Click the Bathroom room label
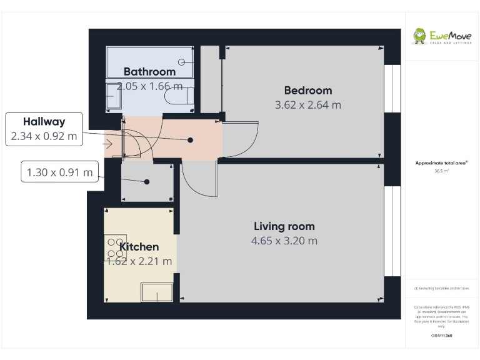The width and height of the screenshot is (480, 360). click(149, 72)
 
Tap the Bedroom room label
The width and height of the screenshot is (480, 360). click(307, 91)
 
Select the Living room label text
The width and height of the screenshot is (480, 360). click(284, 226)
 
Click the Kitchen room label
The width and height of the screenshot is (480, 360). click(139, 247)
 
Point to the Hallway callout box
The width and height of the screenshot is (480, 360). click(44, 129)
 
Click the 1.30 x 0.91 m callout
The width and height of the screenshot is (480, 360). click(59, 171)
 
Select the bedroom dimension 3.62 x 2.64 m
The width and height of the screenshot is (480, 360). click(308, 105)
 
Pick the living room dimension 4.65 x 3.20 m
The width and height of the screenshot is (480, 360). click(284, 241)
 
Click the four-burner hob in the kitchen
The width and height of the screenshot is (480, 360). click(115, 247)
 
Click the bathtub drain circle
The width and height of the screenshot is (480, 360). click(182, 62)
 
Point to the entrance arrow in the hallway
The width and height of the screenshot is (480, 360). click(109, 144)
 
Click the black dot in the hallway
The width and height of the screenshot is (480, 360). click(191, 141)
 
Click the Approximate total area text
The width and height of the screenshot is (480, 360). click(441, 163)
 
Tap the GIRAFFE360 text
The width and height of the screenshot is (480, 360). click(441, 336)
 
